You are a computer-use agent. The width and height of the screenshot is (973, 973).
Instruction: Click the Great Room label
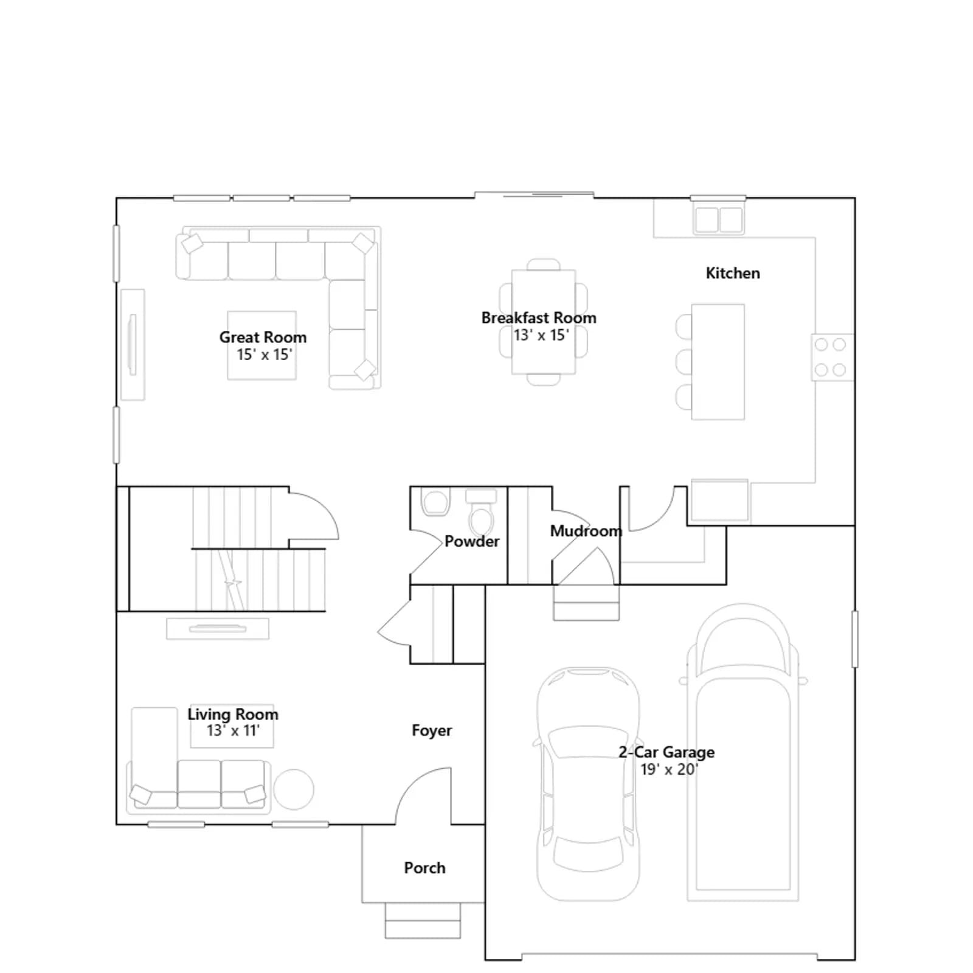[x=263, y=337]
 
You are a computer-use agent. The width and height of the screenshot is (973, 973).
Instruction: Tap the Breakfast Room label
[x=539, y=317]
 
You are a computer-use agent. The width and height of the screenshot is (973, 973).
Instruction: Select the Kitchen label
[x=733, y=273]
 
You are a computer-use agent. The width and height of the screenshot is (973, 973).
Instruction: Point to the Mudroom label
[x=586, y=531]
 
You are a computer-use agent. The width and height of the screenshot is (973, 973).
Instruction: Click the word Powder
[x=472, y=541]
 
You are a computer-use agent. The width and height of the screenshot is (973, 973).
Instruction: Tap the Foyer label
[x=432, y=730]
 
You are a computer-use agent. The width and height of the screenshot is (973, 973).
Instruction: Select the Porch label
[x=424, y=868]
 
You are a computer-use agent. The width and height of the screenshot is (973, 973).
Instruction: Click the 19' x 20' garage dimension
[x=669, y=769]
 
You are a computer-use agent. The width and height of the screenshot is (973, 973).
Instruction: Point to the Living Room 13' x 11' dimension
[x=233, y=730]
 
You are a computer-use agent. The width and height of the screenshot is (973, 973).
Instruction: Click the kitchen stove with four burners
[x=832, y=358]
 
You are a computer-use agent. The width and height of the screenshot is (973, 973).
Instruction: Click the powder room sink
[x=435, y=502]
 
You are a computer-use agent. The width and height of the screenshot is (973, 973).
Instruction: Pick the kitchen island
[x=718, y=362]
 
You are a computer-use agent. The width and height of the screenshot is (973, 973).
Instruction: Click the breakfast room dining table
[x=544, y=322]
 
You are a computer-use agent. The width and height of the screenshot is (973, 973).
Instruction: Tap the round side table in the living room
[x=294, y=789]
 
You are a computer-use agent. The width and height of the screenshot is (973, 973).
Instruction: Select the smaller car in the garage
[x=588, y=783]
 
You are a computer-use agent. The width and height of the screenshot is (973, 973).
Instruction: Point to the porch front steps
[x=423, y=920]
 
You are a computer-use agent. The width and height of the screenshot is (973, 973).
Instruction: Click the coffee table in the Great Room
[x=262, y=345]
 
